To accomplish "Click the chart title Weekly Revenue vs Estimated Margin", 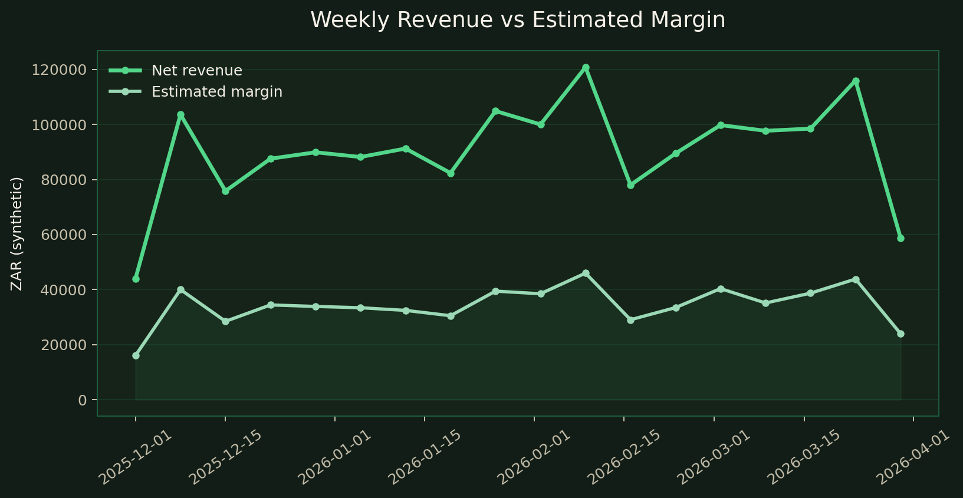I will pos(517,20).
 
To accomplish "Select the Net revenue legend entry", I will pos(196,71).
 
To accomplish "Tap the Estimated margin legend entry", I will pos(216,92).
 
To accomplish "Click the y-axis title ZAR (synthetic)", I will pos(17,233).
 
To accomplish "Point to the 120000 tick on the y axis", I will pos(59,70).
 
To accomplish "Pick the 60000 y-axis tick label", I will pos(63,235).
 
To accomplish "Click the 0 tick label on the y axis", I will pos(82,400).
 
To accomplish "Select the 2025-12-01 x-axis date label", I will pos(135,457).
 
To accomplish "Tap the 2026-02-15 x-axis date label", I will pos(623,457).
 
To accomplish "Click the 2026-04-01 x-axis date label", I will pos(913,457).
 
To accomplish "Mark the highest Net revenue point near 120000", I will pos(586,68).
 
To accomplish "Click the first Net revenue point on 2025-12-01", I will pos(136,279).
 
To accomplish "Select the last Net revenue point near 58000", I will pos(900,238).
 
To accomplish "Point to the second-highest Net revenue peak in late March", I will pos(856,81).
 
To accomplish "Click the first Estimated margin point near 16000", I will pos(136,355).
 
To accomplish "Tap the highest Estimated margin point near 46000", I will pos(586,273).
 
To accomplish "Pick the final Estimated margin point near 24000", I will pos(900,334).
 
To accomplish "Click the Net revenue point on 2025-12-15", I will pos(225,192).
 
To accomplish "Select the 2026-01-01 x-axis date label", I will pos(334,457).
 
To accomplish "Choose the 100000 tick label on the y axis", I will pos(59,125).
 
